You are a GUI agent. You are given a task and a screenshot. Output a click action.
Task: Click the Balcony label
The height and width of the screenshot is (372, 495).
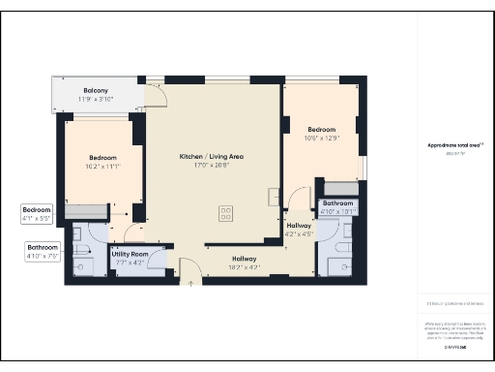pyautogui.click(x=94, y=90)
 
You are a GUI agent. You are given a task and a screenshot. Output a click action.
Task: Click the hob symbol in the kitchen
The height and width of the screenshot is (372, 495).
pyautogui.click(x=228, y=211)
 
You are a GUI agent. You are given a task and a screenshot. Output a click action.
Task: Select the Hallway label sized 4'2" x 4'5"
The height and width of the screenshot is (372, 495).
pyautogui.click(x=300, y=225)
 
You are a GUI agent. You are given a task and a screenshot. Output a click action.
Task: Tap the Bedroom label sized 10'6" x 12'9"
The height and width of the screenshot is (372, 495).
pyautogui.click(x=321, y=130)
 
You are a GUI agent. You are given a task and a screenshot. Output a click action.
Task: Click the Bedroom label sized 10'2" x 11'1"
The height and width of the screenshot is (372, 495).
pyautogui.click(x=102, y=158)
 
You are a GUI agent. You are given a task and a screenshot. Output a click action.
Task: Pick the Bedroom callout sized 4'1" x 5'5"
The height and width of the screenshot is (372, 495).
pyautogui.click(x=37, y=210)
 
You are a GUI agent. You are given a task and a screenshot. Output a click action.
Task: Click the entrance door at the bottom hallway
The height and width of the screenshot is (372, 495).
pyautogui.click(x=190, y=278)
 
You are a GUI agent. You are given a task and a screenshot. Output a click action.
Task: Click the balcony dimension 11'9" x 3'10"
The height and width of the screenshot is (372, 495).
pyautogui.click(x=94, y=99)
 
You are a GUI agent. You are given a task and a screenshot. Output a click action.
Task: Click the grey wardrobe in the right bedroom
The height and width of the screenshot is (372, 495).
pyautogui.click(x=338, y=187)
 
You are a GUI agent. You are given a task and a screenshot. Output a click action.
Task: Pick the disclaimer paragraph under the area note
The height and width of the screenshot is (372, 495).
pyautogui.click(x=454, y=328)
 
